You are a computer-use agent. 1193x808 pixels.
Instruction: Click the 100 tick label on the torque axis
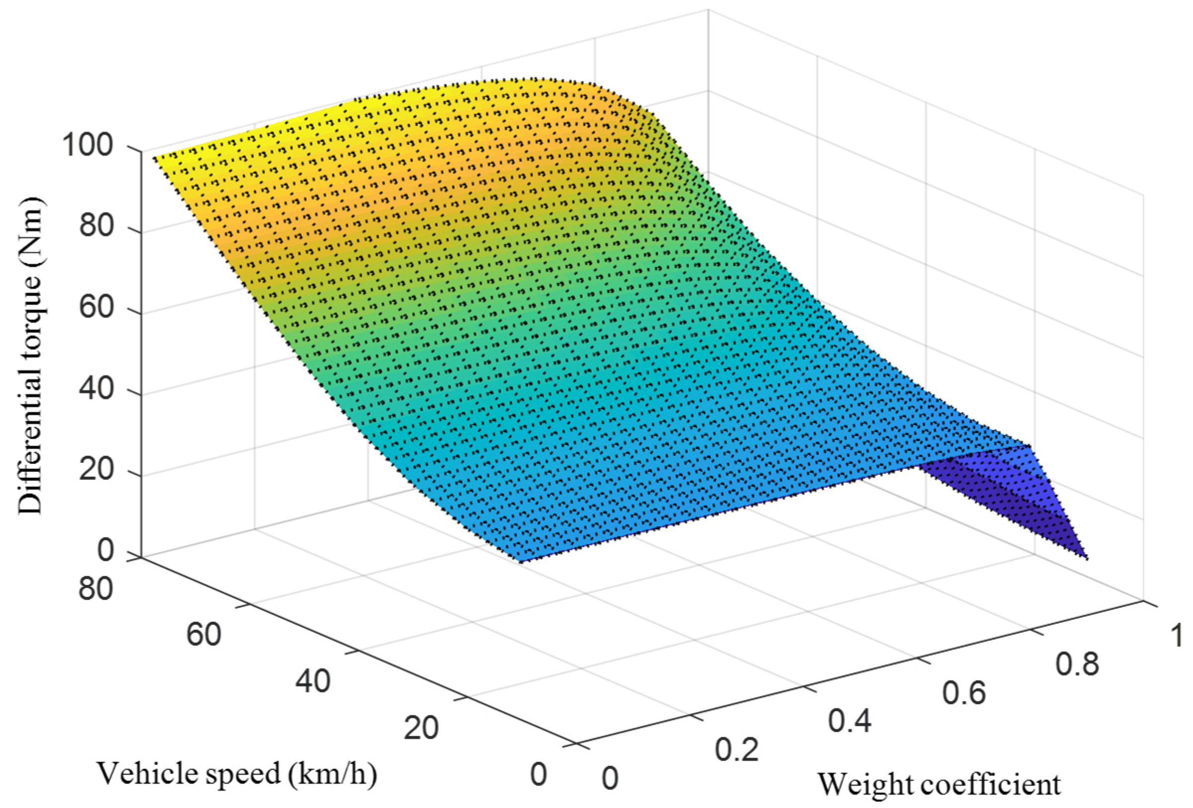tap(87, 147)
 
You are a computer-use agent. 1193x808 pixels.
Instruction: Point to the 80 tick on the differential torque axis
tap(96, 226)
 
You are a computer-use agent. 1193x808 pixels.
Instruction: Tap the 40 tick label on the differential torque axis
tap(96, 391)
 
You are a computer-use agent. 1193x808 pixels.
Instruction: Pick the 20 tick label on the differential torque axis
tap(96, 470)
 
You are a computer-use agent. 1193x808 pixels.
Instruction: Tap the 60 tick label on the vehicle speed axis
tap(204, 635)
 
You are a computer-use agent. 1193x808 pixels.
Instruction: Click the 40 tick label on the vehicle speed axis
tap(313, 682)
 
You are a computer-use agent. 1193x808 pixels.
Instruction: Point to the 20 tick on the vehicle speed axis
tap(421, 728)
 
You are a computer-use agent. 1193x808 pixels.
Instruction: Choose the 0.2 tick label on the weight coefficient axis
tap(737, 750)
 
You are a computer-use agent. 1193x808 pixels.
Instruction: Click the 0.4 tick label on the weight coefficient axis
tap(849, 721)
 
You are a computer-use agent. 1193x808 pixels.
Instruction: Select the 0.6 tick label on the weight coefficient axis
tap(964, 693)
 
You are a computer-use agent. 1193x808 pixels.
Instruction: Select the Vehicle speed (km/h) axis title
tap(237, 774)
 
